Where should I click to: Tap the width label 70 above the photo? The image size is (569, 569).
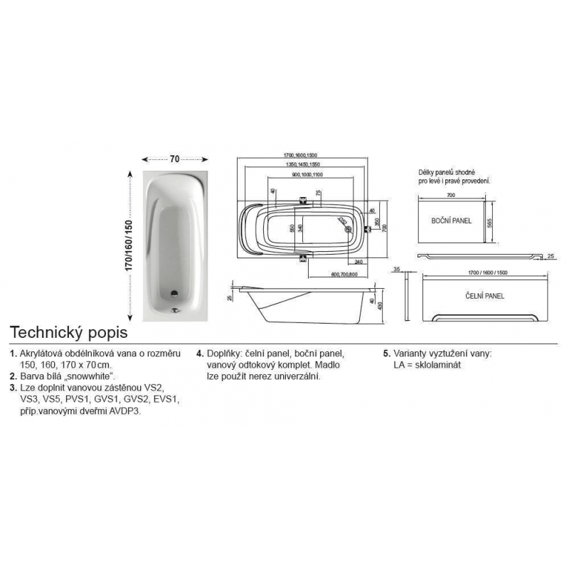175,159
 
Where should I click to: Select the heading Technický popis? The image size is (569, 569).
68,332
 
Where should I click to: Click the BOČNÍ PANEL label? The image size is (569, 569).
452,221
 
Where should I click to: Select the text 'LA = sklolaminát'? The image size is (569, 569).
425,364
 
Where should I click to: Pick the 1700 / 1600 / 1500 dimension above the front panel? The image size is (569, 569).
483,273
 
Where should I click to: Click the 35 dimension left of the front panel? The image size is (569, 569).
397,270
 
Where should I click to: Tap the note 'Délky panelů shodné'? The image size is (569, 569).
446,173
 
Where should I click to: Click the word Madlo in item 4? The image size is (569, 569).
329,364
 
